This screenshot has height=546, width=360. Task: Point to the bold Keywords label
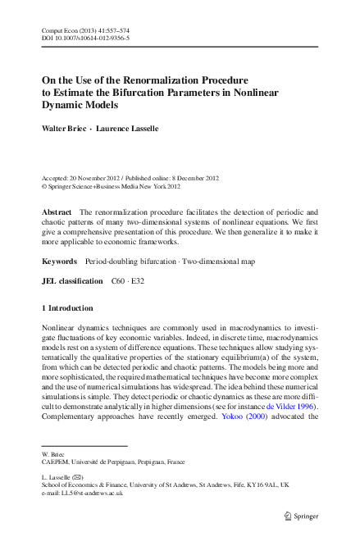[x=59, y=262]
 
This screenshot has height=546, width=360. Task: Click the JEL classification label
[x=72, y=281]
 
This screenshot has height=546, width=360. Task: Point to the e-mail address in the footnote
[x=82, y=493]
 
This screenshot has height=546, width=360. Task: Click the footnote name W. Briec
[x=52, y=453]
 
